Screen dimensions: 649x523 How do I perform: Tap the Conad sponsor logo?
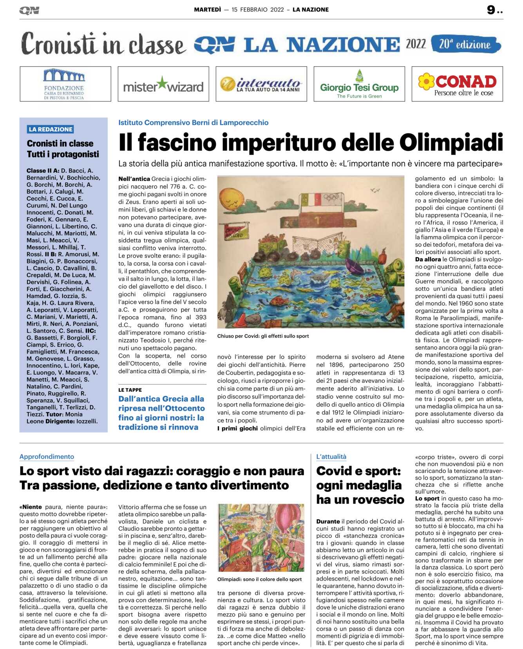[457, 84]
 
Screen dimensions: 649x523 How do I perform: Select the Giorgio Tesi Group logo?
[359, 85]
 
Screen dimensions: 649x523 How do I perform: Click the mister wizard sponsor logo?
[163, 85]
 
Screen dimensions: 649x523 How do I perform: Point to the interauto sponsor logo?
[261, 84]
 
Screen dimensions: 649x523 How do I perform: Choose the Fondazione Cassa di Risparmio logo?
[65, 84]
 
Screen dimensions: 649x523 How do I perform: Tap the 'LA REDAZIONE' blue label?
[51, 129]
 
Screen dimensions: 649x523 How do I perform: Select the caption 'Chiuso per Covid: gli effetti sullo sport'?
[263, 336]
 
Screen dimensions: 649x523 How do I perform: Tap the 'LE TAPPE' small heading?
[130, 390]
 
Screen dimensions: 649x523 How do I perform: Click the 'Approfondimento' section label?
[47, 457]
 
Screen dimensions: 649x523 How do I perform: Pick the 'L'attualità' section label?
[331, 457]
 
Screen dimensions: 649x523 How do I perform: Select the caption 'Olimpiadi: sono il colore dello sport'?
[259, 579]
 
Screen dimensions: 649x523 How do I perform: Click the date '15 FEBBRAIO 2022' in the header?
[257, 10]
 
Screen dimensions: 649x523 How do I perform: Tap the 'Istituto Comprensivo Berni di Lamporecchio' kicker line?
[194, 123]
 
